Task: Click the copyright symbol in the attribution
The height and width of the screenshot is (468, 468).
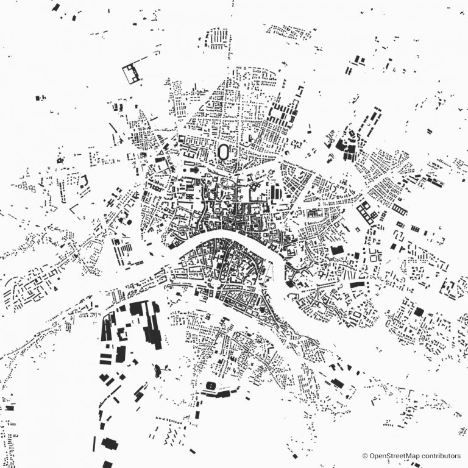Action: (x=365, y=455)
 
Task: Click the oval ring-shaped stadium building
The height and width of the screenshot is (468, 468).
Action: (x=224, y=151)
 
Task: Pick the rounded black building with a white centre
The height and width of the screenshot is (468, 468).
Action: (x=213, y=386)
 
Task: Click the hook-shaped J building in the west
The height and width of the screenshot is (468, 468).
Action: (x=84, y=180)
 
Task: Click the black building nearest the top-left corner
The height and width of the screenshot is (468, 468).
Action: (x=56, y=8)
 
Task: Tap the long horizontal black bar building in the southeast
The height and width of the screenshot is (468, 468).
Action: (x=357, y=285)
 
